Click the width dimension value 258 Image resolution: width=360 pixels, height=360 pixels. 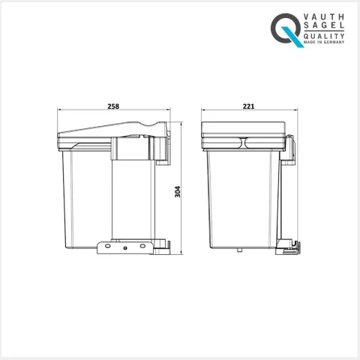click(113, 106)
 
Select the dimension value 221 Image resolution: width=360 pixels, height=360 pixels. click(248, 106)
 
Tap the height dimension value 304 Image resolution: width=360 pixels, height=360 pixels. click(178, 192)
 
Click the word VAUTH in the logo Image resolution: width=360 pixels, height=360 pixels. click(324, 17)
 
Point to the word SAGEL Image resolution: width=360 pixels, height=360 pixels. click(324, 25)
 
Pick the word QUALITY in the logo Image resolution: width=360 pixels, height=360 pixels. click(324, 36)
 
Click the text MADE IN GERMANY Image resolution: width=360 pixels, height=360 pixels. click(324, 42)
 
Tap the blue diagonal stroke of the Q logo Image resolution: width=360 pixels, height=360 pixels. click(292, 37)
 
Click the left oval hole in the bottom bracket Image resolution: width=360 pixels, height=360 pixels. click(107, 246)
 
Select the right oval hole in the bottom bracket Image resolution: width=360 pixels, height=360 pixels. click(142, 246)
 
